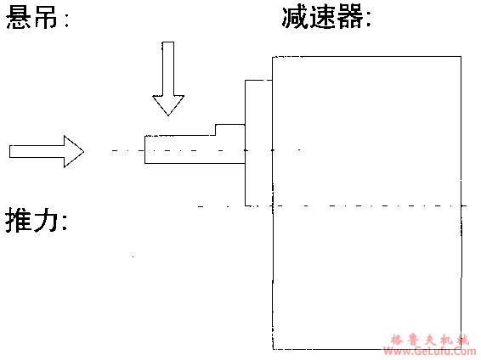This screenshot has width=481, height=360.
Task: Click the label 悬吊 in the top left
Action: (36, 18)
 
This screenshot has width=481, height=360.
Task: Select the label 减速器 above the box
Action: (326, 18)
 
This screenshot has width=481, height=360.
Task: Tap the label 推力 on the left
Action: (36, 222)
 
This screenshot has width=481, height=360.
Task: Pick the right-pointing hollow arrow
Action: (47, 151)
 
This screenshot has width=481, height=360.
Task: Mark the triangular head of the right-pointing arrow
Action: (74, 151)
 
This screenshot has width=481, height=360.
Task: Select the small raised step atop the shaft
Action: (229, 129)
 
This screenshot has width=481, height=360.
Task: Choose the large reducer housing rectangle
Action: (365, 204)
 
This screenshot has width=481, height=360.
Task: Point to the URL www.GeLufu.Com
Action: (432, 351)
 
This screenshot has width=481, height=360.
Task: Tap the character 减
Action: (296, 18)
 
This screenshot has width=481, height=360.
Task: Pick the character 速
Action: (324, 18)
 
